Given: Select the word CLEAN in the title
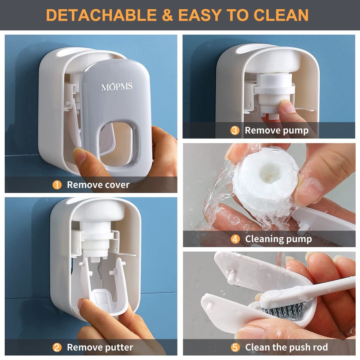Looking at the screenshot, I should coord(281,15).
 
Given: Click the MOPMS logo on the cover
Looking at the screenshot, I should coord(116,87).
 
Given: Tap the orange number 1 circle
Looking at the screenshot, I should coord(57,185).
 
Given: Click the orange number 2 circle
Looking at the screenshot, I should coord(57,347).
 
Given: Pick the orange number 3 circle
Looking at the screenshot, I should coord(235,130).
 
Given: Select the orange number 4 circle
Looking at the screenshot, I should coord(235,239).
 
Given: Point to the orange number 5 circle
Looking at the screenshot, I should coord(235,347).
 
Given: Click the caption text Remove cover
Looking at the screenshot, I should coord(98,185).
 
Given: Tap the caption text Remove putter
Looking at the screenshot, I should coord(100,347).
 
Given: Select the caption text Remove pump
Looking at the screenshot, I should coord(276,130).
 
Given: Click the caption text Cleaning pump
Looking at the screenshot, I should coord(278,239).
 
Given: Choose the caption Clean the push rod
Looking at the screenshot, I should coord(287,347).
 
